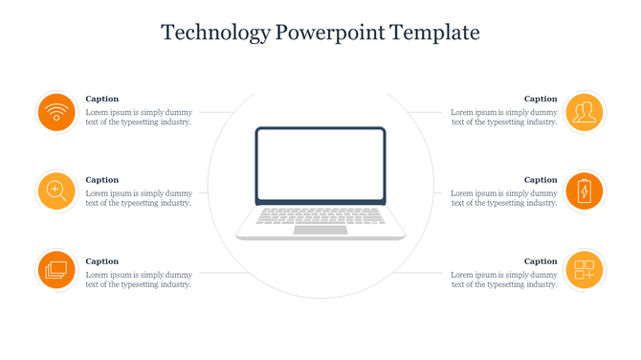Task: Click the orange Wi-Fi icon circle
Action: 56,113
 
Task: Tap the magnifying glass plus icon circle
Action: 56,191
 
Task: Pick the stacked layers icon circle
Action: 56,269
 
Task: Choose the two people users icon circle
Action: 584,113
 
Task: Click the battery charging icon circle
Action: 584,191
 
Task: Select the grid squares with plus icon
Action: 584,269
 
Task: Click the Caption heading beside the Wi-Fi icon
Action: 102,99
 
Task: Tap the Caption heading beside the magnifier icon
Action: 102,180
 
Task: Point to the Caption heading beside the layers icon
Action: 102,261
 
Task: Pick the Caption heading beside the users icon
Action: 541,99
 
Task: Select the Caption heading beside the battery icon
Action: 541,180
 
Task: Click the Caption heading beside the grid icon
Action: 541,261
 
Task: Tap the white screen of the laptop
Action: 320,165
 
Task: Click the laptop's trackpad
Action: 320,230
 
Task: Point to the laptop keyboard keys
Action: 320,216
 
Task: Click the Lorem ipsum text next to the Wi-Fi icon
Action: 139,117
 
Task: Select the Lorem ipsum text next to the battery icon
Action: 504,198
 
